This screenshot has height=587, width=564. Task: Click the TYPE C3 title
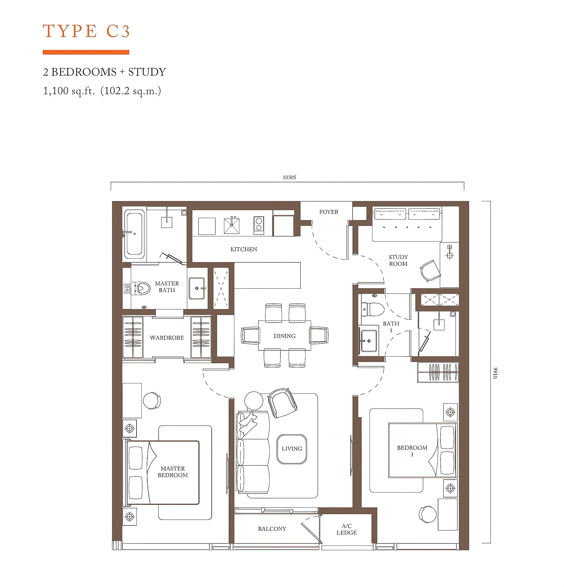[x=86, y=31]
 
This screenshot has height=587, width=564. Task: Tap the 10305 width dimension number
[x=289, y=177]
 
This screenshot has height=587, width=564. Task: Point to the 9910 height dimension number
[x=495, y=373]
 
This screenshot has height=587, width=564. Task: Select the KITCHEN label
[x=244, y=249]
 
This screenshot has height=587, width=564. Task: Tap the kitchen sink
[x=232, y=226]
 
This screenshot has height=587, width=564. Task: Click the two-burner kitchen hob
[x=259, y=224]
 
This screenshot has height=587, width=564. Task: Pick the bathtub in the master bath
[x=134, y=234]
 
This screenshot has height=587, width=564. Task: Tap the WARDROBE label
[x=167, y=338]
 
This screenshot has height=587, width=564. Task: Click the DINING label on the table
[x=285, y=336]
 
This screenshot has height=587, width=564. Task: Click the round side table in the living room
[x=254, y=401]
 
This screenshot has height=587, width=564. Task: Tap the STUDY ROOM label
[x=398, y=260]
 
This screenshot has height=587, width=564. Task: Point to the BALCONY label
[x=272, y=529]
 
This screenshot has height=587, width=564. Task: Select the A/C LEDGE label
[x=347, y=529]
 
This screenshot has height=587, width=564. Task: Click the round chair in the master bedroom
[x=152, y=400]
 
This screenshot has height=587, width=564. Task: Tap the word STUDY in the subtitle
[x=147, y=72]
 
